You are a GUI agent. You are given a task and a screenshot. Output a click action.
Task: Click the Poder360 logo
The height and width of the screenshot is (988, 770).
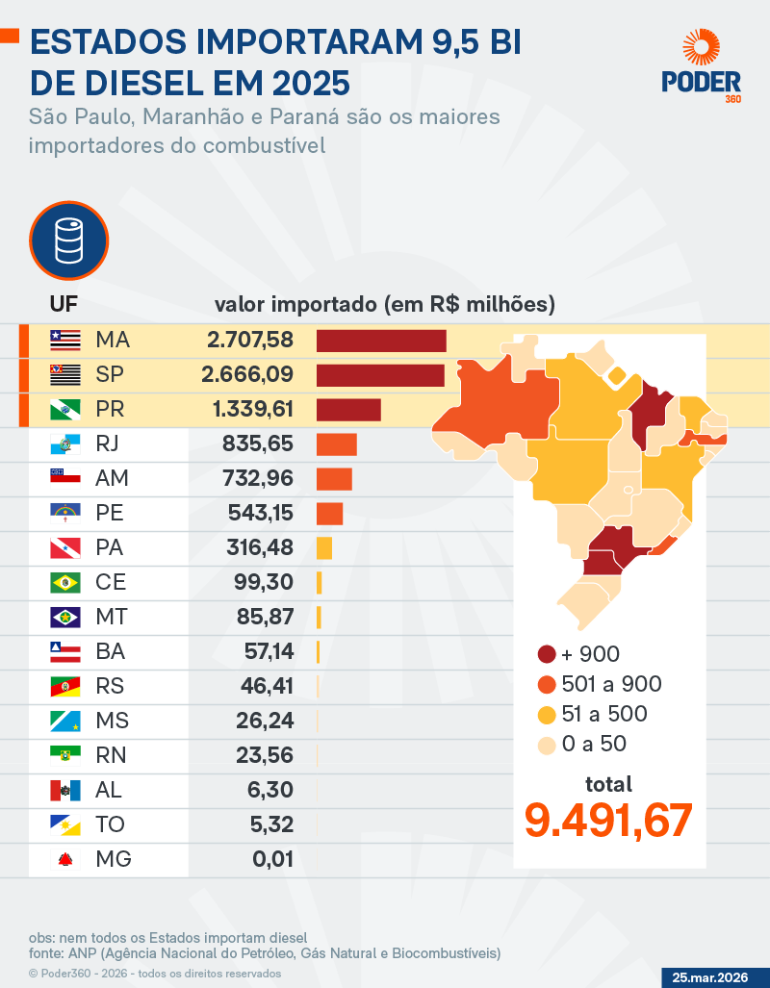(701, 64)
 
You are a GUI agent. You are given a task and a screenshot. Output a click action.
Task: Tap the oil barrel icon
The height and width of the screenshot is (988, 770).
(67, 240)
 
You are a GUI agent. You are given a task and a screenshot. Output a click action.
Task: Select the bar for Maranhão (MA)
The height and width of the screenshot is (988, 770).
(381, 341)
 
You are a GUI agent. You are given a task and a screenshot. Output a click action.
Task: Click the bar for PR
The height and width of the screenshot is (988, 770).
(348, 410)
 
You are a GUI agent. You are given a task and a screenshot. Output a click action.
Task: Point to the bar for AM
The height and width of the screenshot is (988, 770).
(334, 479)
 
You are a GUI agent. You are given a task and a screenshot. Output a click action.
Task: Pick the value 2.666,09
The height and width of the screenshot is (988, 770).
(247, 375)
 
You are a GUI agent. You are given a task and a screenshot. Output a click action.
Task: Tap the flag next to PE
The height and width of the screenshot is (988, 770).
(65, 514)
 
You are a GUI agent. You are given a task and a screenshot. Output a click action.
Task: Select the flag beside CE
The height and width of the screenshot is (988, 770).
(65, 583)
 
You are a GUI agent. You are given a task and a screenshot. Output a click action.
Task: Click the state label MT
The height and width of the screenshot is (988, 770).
(112, 618)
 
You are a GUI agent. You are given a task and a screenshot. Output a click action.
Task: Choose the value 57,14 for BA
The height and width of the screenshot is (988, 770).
(269, 652)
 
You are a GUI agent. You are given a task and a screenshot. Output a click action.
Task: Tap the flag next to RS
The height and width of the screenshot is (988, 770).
(65, 687)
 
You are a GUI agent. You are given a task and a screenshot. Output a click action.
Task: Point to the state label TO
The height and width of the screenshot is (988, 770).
(111, 825)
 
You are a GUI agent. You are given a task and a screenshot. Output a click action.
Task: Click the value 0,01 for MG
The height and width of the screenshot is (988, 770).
(273, 860)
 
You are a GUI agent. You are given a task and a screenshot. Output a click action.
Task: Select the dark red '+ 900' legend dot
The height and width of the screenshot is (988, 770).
(547, 654)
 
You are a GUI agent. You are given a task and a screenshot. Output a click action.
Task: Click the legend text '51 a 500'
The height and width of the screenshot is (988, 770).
(603, 714)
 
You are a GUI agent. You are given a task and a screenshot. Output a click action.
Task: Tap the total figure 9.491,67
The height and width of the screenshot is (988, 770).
(608, 820)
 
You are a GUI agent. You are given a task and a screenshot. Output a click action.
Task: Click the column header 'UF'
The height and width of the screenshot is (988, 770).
(64, 306)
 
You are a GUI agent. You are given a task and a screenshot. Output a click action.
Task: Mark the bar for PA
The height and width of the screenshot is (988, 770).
(324, 548)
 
